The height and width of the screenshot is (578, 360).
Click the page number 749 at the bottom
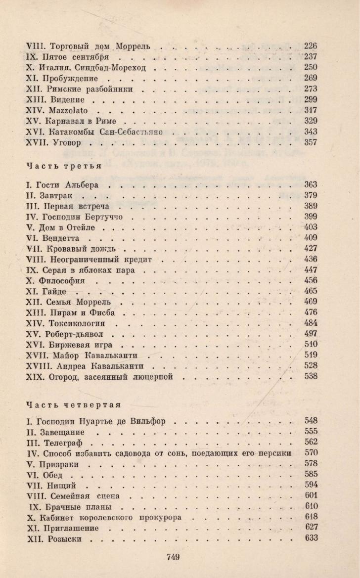point(173,557)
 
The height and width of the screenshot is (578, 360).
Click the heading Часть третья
point(64,165)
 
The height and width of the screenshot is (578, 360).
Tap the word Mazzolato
point(69,110)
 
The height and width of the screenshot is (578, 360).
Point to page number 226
point(311,46)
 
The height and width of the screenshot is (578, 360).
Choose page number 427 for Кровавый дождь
point(311,248)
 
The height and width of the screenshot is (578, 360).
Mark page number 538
point(311,377)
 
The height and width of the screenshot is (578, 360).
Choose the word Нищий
point(64,486)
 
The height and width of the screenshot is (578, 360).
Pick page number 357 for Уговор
point(311,143)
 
